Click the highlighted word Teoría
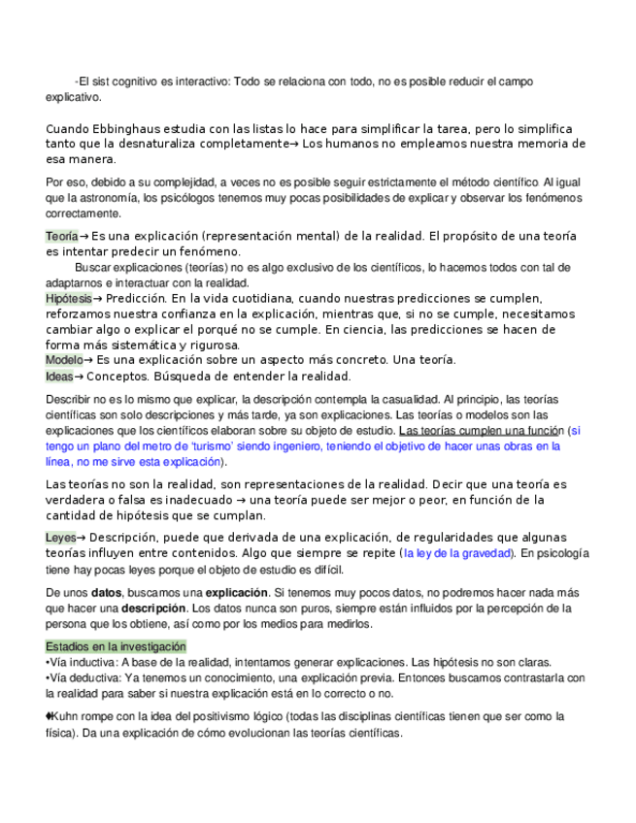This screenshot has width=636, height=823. click(61, 237)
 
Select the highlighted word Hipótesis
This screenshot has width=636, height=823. click(69, 299)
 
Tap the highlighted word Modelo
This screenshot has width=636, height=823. click(64, 360)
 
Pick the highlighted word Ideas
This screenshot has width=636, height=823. click(59, 377)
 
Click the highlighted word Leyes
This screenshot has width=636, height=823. click(60, 538)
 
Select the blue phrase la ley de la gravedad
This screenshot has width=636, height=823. click(456, 553)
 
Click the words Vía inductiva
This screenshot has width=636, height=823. click(83, 662)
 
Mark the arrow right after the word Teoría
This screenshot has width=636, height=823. click(84, 237)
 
